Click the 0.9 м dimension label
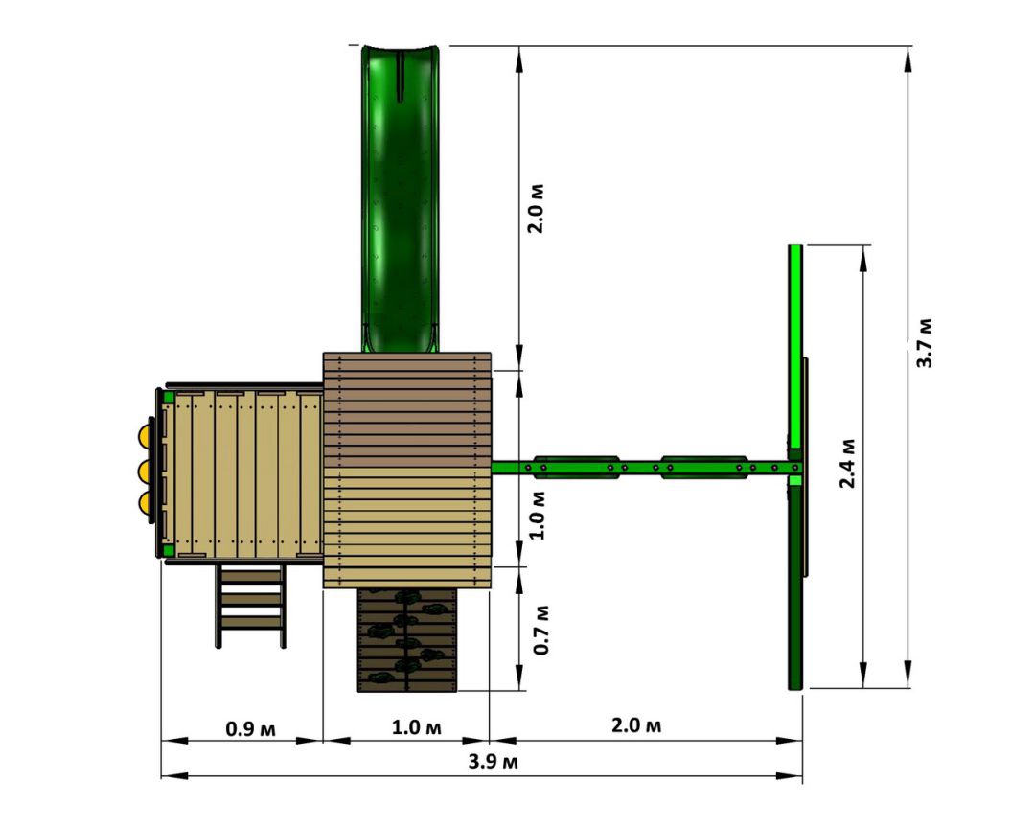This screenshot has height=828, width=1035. [x=250, y=729]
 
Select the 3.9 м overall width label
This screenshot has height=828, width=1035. [x=494, y=761]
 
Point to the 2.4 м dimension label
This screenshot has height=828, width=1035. [x=847, y=464]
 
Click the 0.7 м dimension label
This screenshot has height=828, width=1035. [x=541, y=630]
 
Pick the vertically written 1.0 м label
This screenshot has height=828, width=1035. [x=538, y=515]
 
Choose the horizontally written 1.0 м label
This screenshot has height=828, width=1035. [x=417, y=727]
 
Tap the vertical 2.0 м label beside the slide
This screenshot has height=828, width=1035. [x=536, y=209]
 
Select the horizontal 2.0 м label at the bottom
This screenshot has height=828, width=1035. [x=635, y=725]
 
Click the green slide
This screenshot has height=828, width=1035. [x=400, y=198]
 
